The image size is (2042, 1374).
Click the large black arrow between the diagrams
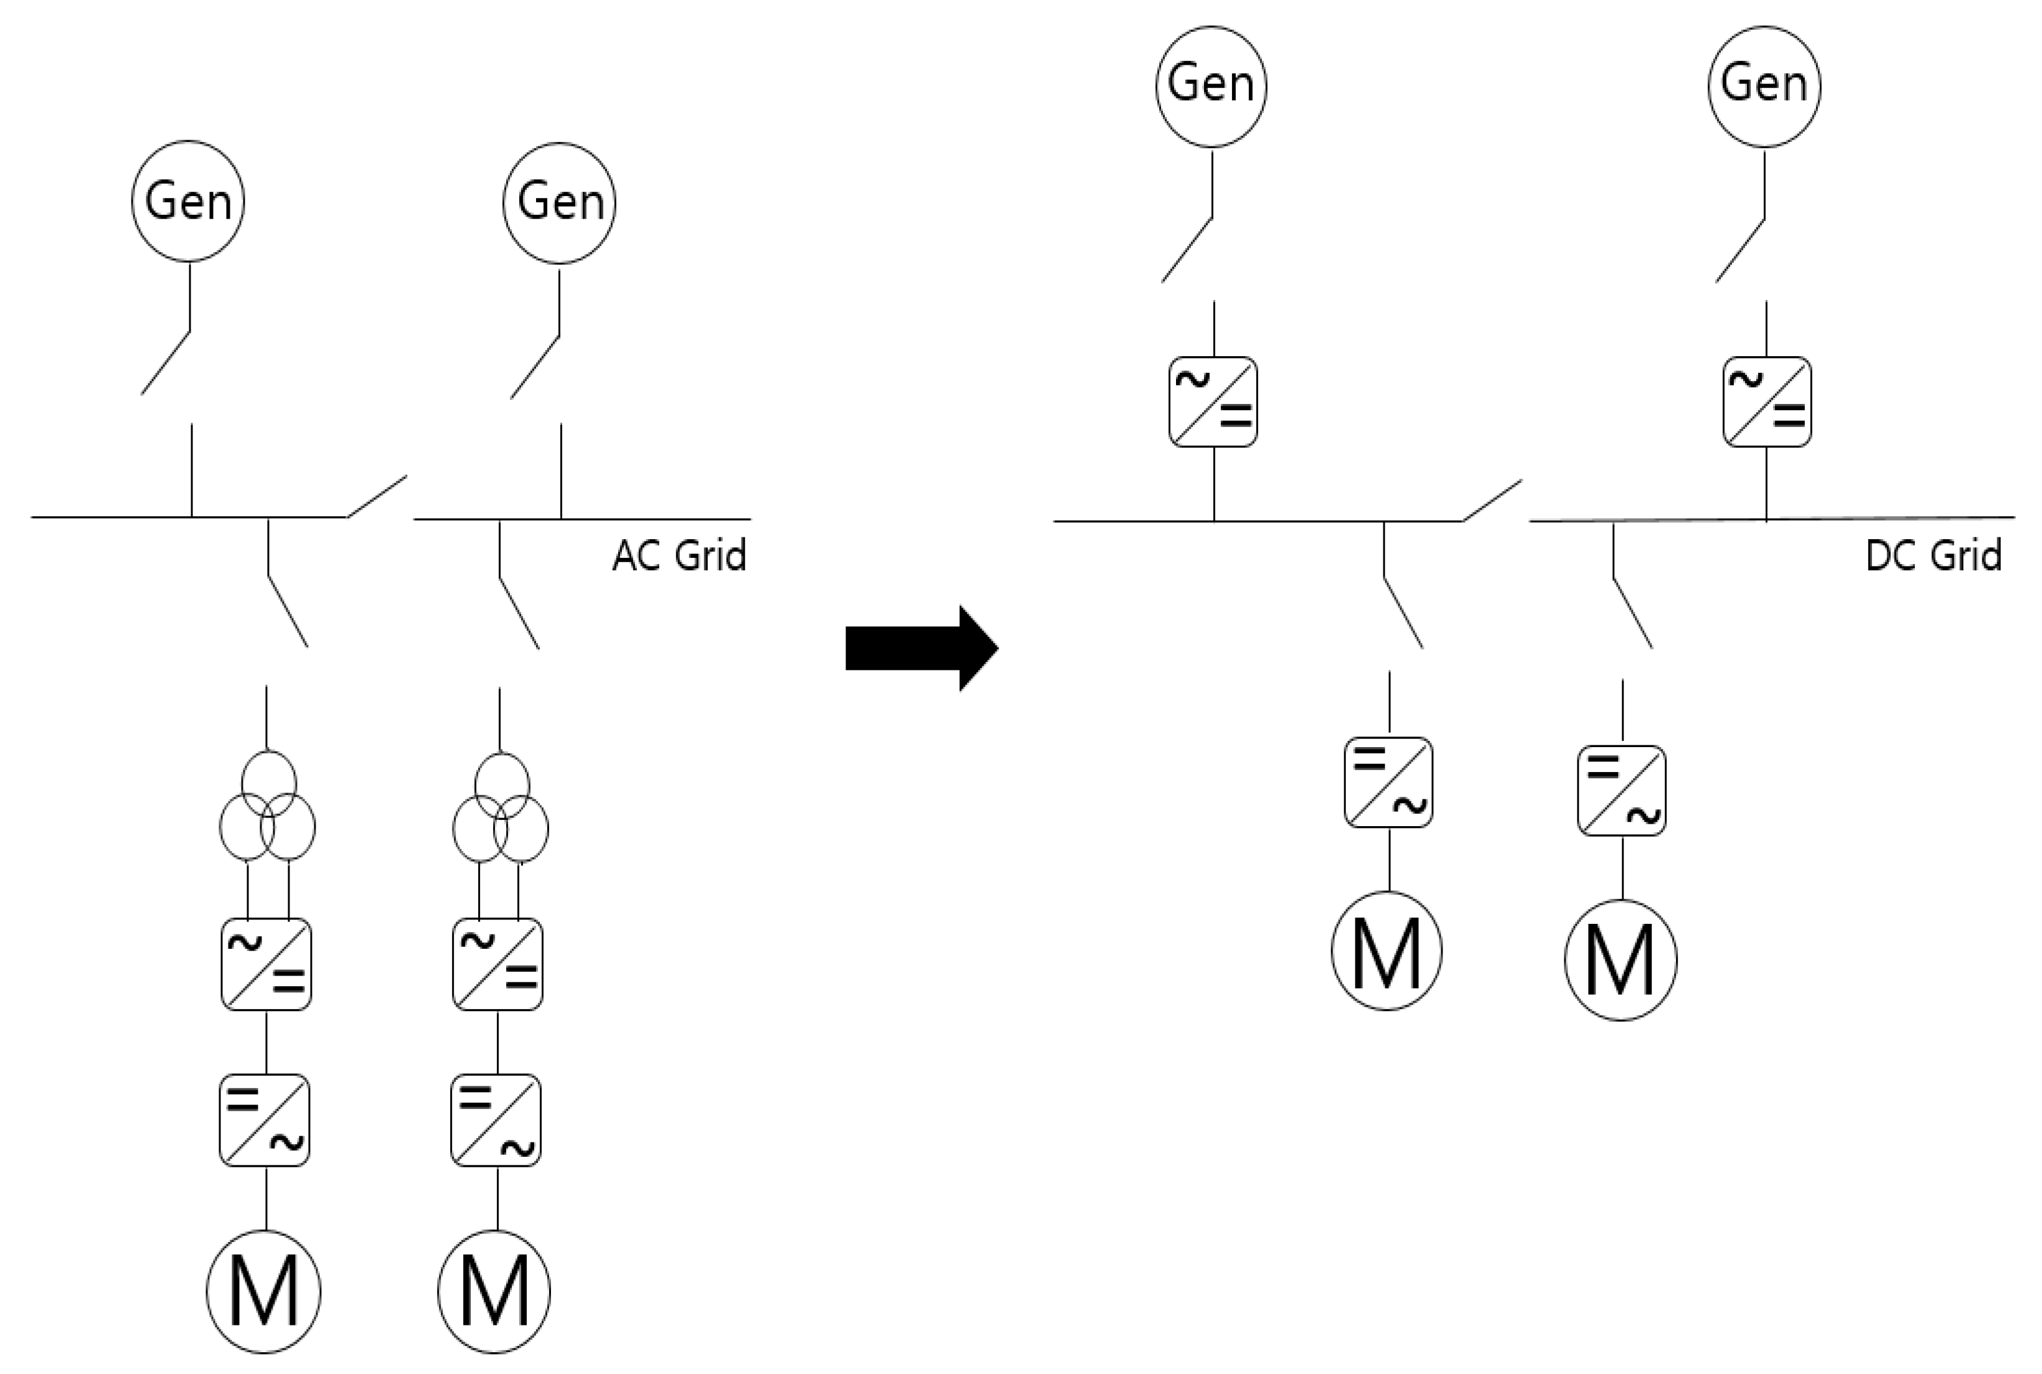click(x=920, y=649)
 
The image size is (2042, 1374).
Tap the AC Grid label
click(x=679, y=555)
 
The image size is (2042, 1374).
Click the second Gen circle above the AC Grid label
click(x=559, y=202)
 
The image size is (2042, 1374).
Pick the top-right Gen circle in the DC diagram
click(x=1764, y=85)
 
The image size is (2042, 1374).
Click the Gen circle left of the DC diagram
click(x=1211, y=85)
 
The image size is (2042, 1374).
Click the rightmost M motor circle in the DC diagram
click(x=1621, y=959)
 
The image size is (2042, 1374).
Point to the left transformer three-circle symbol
click(x=267, y=807)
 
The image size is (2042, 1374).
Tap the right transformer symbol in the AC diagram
click(x=500, y=808)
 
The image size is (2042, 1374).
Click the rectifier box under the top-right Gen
click(x=1766, y=402)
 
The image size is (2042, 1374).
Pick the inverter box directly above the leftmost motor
click(x=265, y=1120)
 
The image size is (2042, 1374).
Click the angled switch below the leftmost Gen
click(x=166, y=362)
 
